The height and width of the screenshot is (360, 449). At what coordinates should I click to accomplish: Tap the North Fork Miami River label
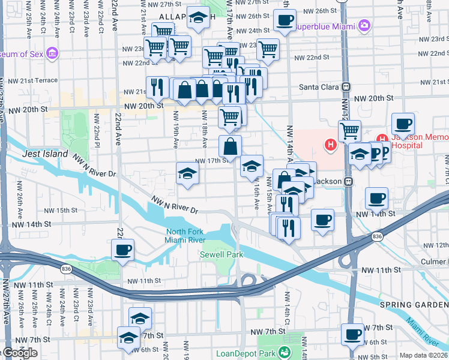(x=184, y=236)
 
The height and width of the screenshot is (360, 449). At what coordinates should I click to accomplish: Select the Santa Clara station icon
(x=346, y=87)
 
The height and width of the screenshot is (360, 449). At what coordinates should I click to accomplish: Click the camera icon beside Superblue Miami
(x=364, y=26)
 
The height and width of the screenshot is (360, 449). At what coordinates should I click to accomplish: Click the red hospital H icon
(x=330, y=145)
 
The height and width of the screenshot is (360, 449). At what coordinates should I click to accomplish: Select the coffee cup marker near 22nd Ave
(x=123, y=250)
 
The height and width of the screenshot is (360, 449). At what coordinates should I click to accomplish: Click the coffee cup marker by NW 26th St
(x=285, y=20)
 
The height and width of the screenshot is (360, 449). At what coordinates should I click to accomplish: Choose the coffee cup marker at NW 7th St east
(x=352, y=334)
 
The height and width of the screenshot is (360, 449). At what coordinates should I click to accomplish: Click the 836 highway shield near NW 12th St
(x=377, y=237)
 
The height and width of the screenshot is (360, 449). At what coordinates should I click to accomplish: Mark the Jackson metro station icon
(x=347, y=181)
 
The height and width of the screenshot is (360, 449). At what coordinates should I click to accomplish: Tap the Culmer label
(x=433, y=262)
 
